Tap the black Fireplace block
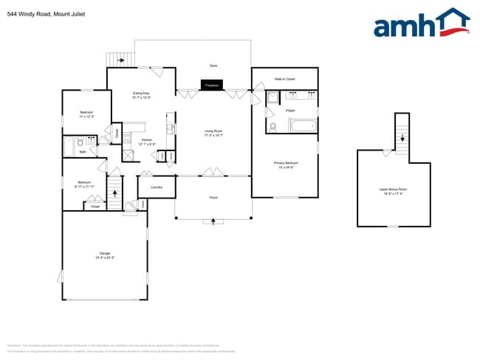(x=213, y=86)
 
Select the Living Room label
(x=213, y=134)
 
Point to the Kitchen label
(x=146, y=142)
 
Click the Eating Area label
(x=141, y=94)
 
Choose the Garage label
(x=104, y=255)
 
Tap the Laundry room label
(x=156, y=187)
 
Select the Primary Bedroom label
(x=287, y=164)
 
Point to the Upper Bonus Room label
(x=393, y=191)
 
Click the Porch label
(x=213, y=198)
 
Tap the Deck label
(x=213, y=66)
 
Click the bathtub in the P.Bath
(x=302, y=126)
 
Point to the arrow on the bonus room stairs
(x=402, y=137)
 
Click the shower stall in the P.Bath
(x=271, y=98)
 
